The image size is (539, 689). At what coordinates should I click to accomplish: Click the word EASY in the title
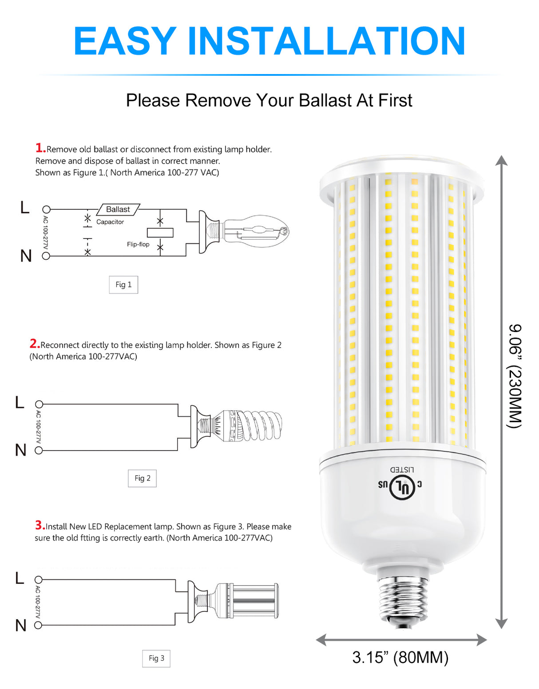[125, 41]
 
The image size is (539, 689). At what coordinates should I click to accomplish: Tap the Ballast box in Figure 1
[118, 209]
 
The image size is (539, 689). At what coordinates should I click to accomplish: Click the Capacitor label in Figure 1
[110, 222]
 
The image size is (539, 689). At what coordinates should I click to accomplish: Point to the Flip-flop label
[138, 244]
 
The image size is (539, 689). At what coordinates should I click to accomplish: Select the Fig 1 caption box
[123, 285]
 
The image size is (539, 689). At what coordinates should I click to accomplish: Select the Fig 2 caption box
[142, 478]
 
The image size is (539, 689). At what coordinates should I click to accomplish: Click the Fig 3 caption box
[156, 658]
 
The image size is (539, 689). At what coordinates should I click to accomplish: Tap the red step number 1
[40, 148]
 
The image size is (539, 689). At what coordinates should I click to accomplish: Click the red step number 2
[34, 344]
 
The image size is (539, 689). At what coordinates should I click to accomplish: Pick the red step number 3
[40, 525]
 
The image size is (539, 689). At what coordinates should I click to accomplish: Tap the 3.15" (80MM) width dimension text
[400, 657]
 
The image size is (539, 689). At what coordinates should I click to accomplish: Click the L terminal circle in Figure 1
[46, 209]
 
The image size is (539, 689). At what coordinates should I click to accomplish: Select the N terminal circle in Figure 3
[38, 625]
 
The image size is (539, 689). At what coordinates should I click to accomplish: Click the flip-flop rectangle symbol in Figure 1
[160, 233]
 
